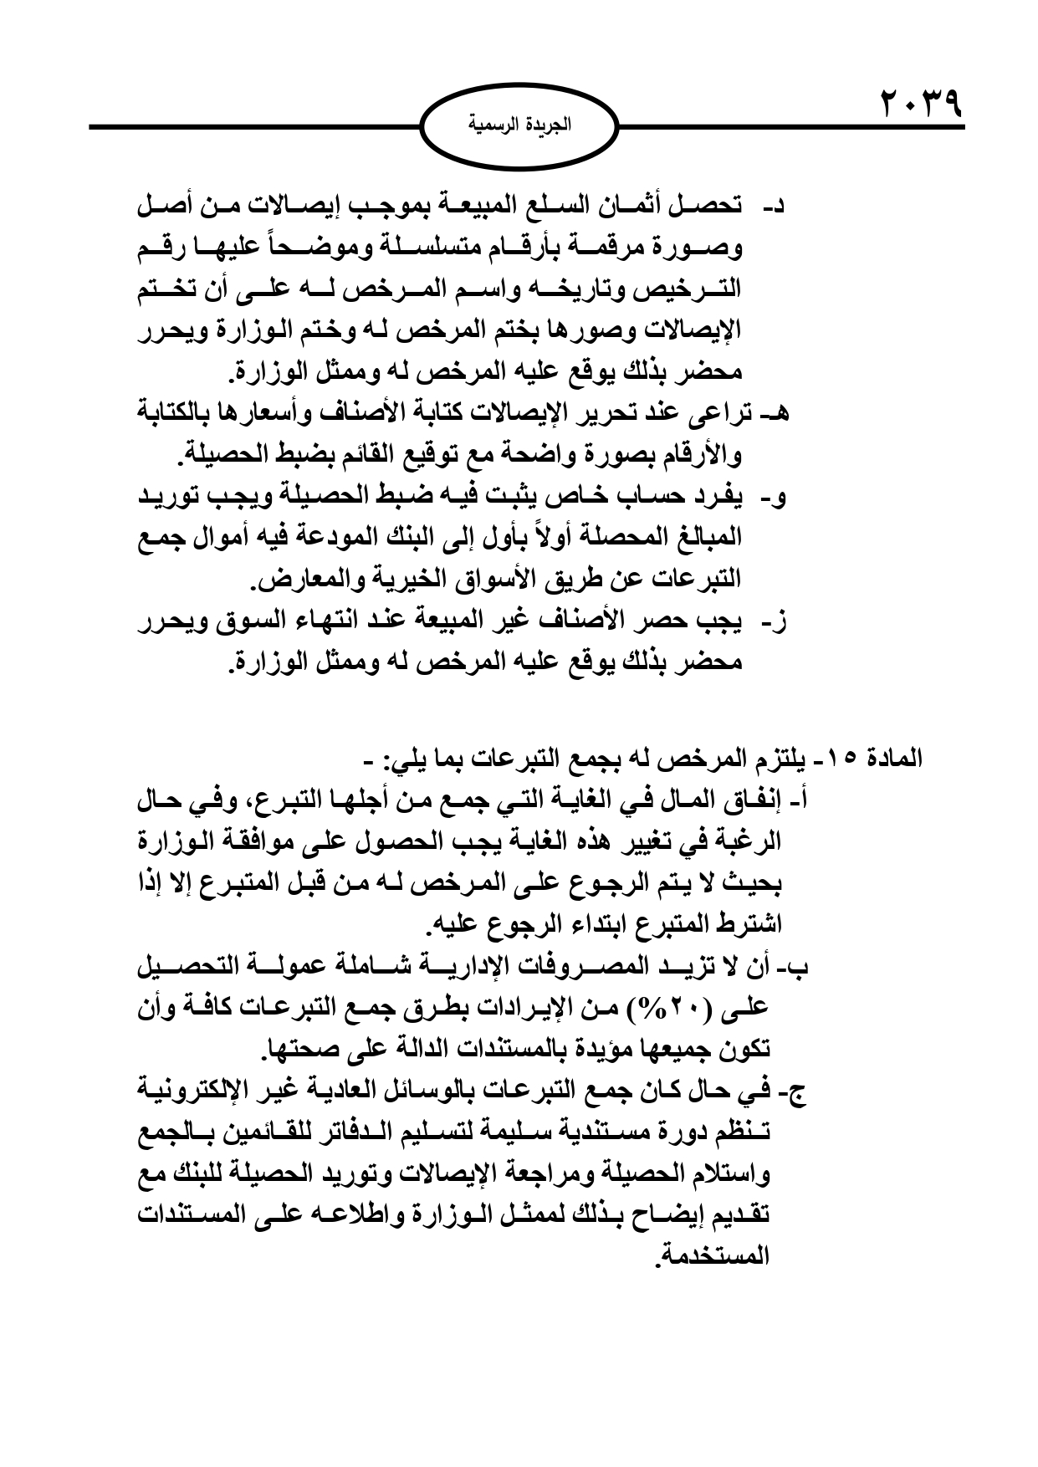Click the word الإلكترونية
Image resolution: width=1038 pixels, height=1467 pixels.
pos(192,1092)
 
